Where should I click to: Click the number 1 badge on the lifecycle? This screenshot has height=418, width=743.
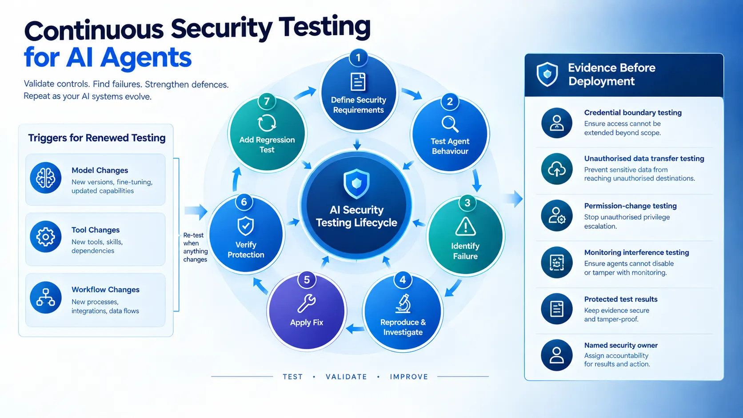pyautogui.click(x=358, y=58)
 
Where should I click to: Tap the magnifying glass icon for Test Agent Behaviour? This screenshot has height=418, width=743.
pyautogui.click(x=450, y=124)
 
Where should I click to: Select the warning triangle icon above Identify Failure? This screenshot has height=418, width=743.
pyautogui.click(x=465, y=227)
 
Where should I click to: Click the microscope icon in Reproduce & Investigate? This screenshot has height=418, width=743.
pyautogui.click(x=403, y=303)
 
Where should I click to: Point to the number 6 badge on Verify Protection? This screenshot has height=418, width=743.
pyautogui.click(x=244, y=202)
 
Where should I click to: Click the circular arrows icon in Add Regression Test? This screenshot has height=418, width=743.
pyautogui.click(x=267, y=123)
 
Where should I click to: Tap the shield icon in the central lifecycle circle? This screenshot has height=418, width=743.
pyautogui.click(x=356, y=183)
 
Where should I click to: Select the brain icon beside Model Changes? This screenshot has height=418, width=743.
pyautogui.click(x=46, y=178)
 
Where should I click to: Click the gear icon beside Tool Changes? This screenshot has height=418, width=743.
pyautogui.click(x=46, y=237)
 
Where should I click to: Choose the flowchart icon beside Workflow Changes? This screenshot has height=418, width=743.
pyautogui.click(x=46, y=297)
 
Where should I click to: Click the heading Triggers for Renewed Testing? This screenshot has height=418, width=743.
pyautogui.click(x=96, y=138)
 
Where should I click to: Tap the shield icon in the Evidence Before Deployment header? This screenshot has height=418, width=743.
pyautogui.click(x=547, y=74)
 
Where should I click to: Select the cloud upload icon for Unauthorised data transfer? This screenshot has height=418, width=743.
pyautogui.click(x=557, y=169)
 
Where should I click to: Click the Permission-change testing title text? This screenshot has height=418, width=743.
pyautogui.click(x=630, y=206)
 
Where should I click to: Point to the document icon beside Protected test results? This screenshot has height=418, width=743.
pyautogui.click(x=557, y=309)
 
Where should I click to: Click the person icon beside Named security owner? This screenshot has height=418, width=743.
pyautogui.click(x=557, y=355)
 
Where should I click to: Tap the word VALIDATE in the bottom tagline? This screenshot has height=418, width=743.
pyautogui.click(x=346, y=377)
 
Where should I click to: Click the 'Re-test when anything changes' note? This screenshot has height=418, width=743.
pyautogui.click(x=196, y=247)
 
